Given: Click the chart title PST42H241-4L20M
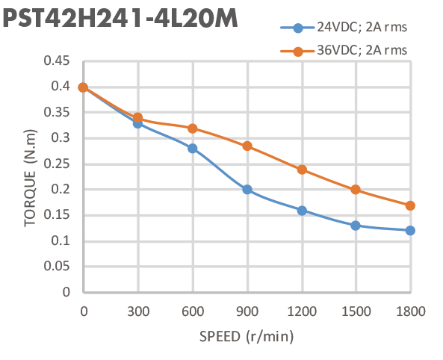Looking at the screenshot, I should coord(121,19).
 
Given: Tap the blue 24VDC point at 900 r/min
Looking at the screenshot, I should coord(247,190).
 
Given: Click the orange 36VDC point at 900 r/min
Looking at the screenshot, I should coord(247,146).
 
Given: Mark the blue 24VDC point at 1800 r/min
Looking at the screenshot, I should coord(410,230).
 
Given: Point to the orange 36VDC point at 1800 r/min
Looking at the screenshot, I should coord(410,205).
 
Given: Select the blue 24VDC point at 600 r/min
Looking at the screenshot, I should coord(193,148).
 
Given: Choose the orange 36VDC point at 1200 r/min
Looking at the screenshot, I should coord(302,170).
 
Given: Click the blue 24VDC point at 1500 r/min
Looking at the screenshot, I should coord(356,225).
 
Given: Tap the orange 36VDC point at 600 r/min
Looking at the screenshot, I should coord(193,128).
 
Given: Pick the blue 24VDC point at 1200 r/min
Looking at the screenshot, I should coord(302,210).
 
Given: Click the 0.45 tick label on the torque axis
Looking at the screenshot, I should coord(60,61).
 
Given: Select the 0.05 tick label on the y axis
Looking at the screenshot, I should coord(60,266).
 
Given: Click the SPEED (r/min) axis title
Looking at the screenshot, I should coord(247,336).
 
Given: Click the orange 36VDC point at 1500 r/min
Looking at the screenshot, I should coord(356,190).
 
